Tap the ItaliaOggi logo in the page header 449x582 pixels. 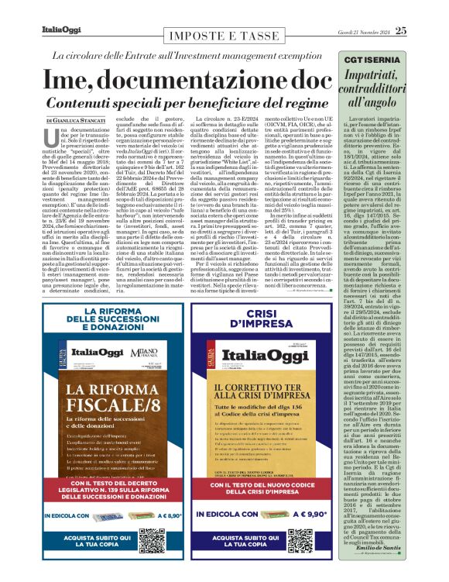62,30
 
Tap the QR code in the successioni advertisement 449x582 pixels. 153,536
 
